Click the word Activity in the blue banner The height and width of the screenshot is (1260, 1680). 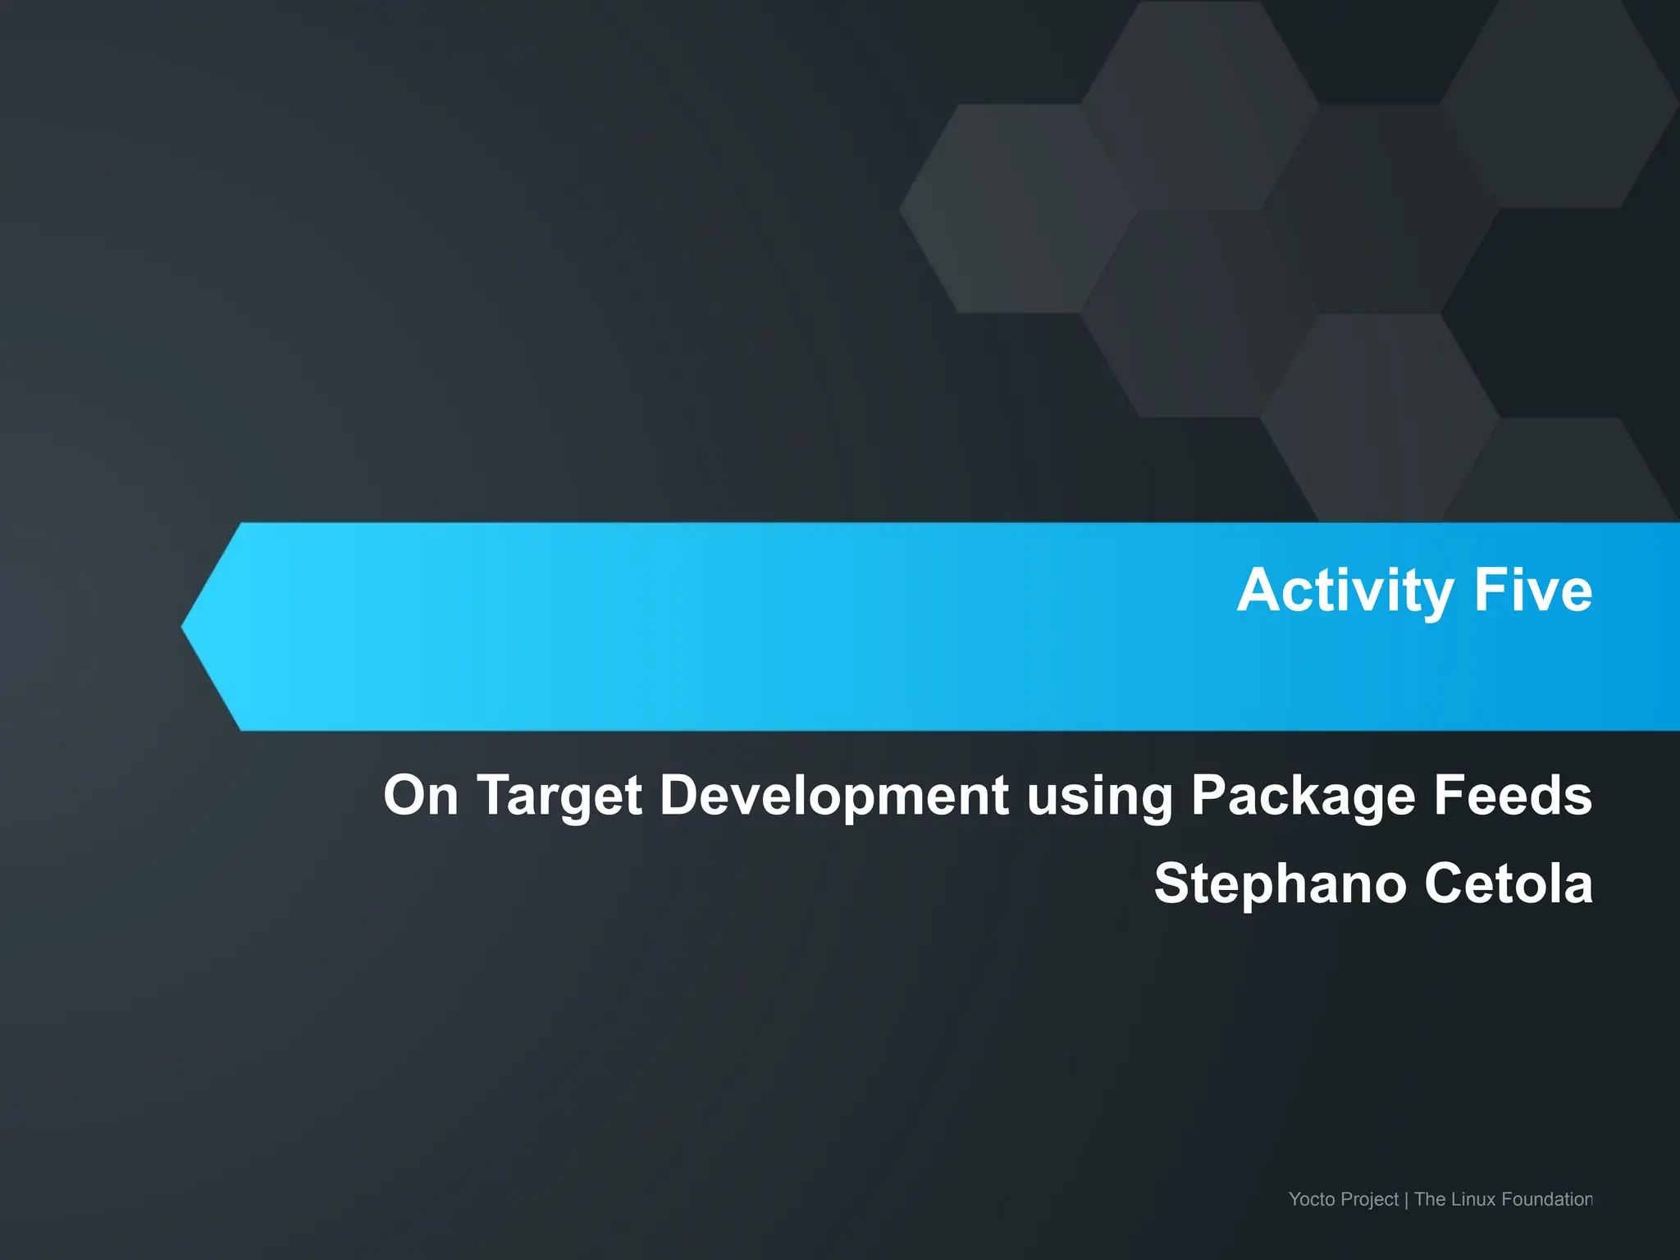(1345, 591)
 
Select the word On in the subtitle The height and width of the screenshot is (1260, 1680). (421, 795)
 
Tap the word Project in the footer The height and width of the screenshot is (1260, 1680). (1369, 1200)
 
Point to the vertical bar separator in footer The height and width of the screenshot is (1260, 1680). (1406, 1200)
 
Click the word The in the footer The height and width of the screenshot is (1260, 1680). (1430, 1199)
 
